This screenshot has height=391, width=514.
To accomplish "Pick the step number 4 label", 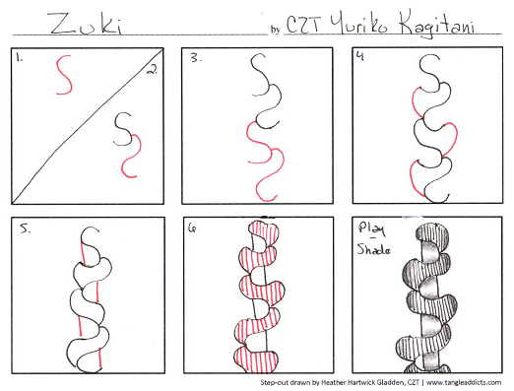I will point(362,56).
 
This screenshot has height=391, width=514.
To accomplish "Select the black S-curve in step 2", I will point(123,126).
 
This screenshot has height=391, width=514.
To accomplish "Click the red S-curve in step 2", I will point(127,156).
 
